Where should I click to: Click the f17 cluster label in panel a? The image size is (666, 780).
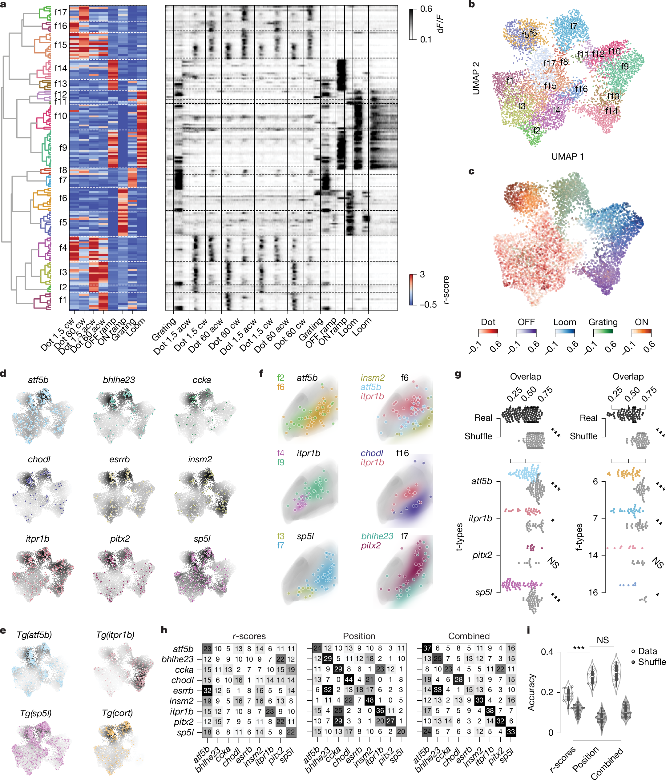click(60, 12)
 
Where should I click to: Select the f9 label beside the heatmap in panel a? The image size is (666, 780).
click(63, 148)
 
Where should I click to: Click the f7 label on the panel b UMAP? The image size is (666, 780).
click(573, 26)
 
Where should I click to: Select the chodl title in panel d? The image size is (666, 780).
click(39, 459)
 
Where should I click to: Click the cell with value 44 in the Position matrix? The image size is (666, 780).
click(349, 680)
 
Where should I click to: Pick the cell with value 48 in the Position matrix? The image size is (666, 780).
click(369, 701)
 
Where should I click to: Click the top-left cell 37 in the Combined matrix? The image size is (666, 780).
click(427, 648)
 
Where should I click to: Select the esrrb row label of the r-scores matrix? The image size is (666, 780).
click(183, 690)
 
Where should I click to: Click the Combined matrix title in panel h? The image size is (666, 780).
click(469, 636)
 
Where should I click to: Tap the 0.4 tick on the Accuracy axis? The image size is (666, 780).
click(547, 652)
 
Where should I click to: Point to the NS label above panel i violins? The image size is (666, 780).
click(602, 640)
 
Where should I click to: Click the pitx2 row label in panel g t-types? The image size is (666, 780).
click(482, 555)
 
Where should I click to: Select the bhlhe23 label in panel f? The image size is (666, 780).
click(377, 536)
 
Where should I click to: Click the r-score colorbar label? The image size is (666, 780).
click(446, 289)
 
